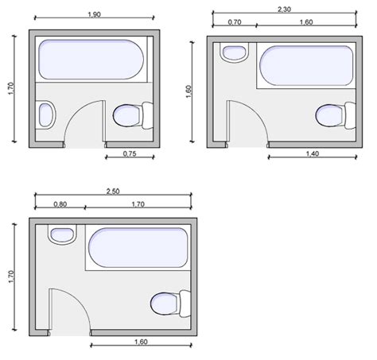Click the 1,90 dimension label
(x=95, y=14)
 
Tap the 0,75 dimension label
(x=130, y=153)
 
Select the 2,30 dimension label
(x=284, y=10)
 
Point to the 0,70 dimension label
(x=235, y=22)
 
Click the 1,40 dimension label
(x=313, y=153)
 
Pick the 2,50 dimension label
(x=113, y=192)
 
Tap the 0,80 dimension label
(x=60, y=204)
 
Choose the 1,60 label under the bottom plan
(x=141, y=342)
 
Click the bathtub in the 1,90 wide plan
(x=91, y=60)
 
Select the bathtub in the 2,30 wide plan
(x=306, y=65)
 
